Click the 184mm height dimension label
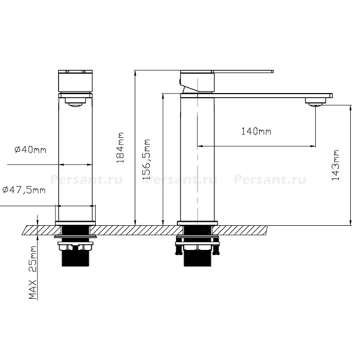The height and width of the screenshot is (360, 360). click(x=120, y=148)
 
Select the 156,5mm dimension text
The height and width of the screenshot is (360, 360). click(x=146, y=159)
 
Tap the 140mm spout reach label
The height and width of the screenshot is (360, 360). click(x=256, y=131)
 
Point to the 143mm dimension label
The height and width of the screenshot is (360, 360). click(x=335, y=165)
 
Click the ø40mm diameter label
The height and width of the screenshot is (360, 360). click(x=30, y=150)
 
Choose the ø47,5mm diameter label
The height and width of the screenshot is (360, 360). click(x=24, y=190)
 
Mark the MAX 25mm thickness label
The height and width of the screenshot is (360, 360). click(x=33, y=273)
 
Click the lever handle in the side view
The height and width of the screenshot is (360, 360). click(x=243, y=71)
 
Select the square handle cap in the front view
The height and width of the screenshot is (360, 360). click(x=75, y=81)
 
